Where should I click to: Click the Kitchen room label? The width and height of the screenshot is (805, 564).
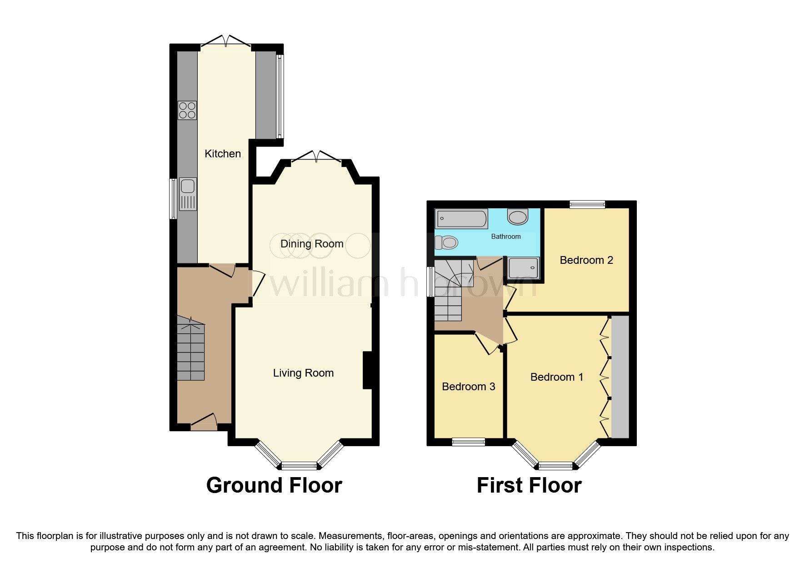(222, 154)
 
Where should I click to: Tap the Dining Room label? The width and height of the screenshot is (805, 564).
(311, 244)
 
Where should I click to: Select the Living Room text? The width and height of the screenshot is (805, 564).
(303, 373)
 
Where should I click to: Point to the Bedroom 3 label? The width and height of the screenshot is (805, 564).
(468, 387)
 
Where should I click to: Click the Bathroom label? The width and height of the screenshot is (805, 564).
(505, 237)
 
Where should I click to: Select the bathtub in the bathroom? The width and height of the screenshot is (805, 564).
(461, 219)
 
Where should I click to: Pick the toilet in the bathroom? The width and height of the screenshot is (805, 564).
(445, 242)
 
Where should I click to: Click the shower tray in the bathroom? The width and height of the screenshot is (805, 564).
(523, 268)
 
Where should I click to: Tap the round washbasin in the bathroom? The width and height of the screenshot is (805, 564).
(518, 217)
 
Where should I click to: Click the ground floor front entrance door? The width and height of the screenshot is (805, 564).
(203, 422)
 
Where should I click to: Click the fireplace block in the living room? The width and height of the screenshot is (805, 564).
(368, 370)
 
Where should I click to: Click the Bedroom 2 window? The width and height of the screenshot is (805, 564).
(587, 205)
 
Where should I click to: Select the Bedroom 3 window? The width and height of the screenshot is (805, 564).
(468, 441)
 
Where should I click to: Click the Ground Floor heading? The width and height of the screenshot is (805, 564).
(274, 485)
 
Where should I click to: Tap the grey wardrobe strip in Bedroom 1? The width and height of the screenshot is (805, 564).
(620, 377)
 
